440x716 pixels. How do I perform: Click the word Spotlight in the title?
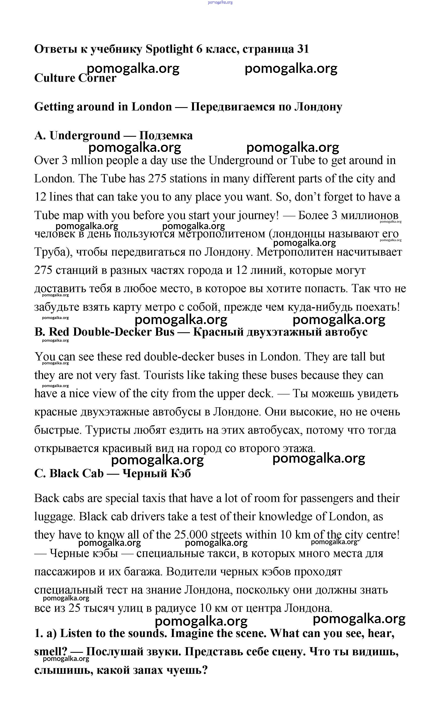[x=169, y=49]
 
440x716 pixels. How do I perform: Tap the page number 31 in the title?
[x=303, y=49]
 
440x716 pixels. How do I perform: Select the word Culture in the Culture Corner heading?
[x=54, y=78]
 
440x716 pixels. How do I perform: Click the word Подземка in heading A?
[x=166, y=135]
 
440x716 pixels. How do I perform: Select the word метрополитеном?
[x=221, y=234]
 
